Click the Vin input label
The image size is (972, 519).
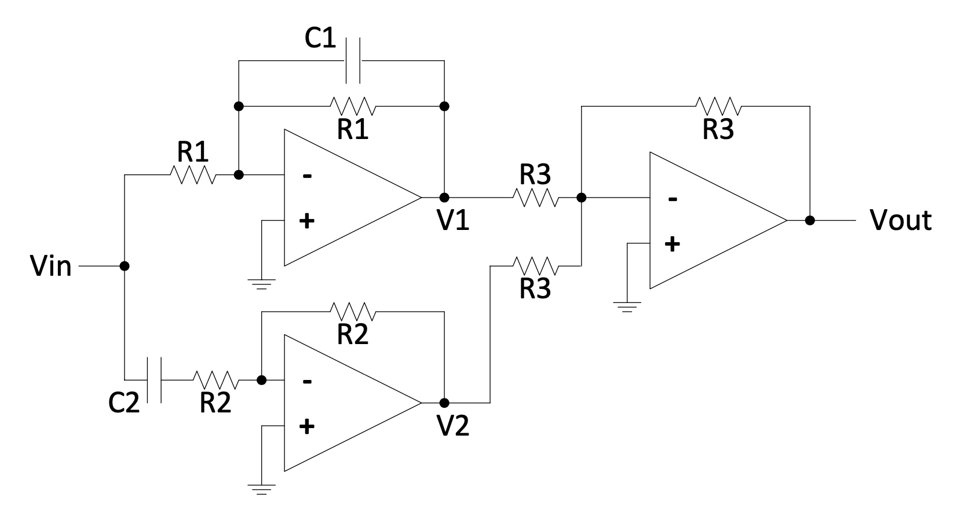[52, 267]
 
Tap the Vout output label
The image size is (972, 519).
[901, 221]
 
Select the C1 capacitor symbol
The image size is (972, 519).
[352, 60]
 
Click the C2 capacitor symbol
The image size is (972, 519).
[154, 380]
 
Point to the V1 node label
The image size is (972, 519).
[453, 221]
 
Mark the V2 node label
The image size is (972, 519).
[453, 427]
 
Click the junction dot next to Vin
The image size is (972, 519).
[124, 266]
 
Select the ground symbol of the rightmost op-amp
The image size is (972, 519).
[628, 306]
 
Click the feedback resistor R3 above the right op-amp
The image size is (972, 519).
[718, 106]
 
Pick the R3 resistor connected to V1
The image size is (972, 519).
[536, 198]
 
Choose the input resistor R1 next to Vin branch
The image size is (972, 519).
[193, 174]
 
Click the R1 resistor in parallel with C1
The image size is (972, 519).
[352, 106]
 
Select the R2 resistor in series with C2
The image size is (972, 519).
[215, 380]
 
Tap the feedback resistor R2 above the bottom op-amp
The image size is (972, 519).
[352, 312]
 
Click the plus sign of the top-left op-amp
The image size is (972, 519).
[307, 221]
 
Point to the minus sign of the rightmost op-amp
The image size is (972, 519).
[672, 199]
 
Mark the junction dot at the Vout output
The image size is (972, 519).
[810, 221]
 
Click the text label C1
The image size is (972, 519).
[320, 38]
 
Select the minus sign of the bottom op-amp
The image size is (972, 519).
[307, 381]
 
